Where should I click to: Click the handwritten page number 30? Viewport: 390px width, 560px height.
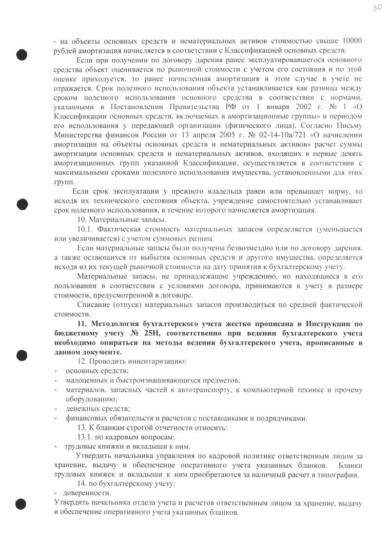coord(375,9)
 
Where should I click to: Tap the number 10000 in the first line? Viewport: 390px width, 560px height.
coord(351,40)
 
